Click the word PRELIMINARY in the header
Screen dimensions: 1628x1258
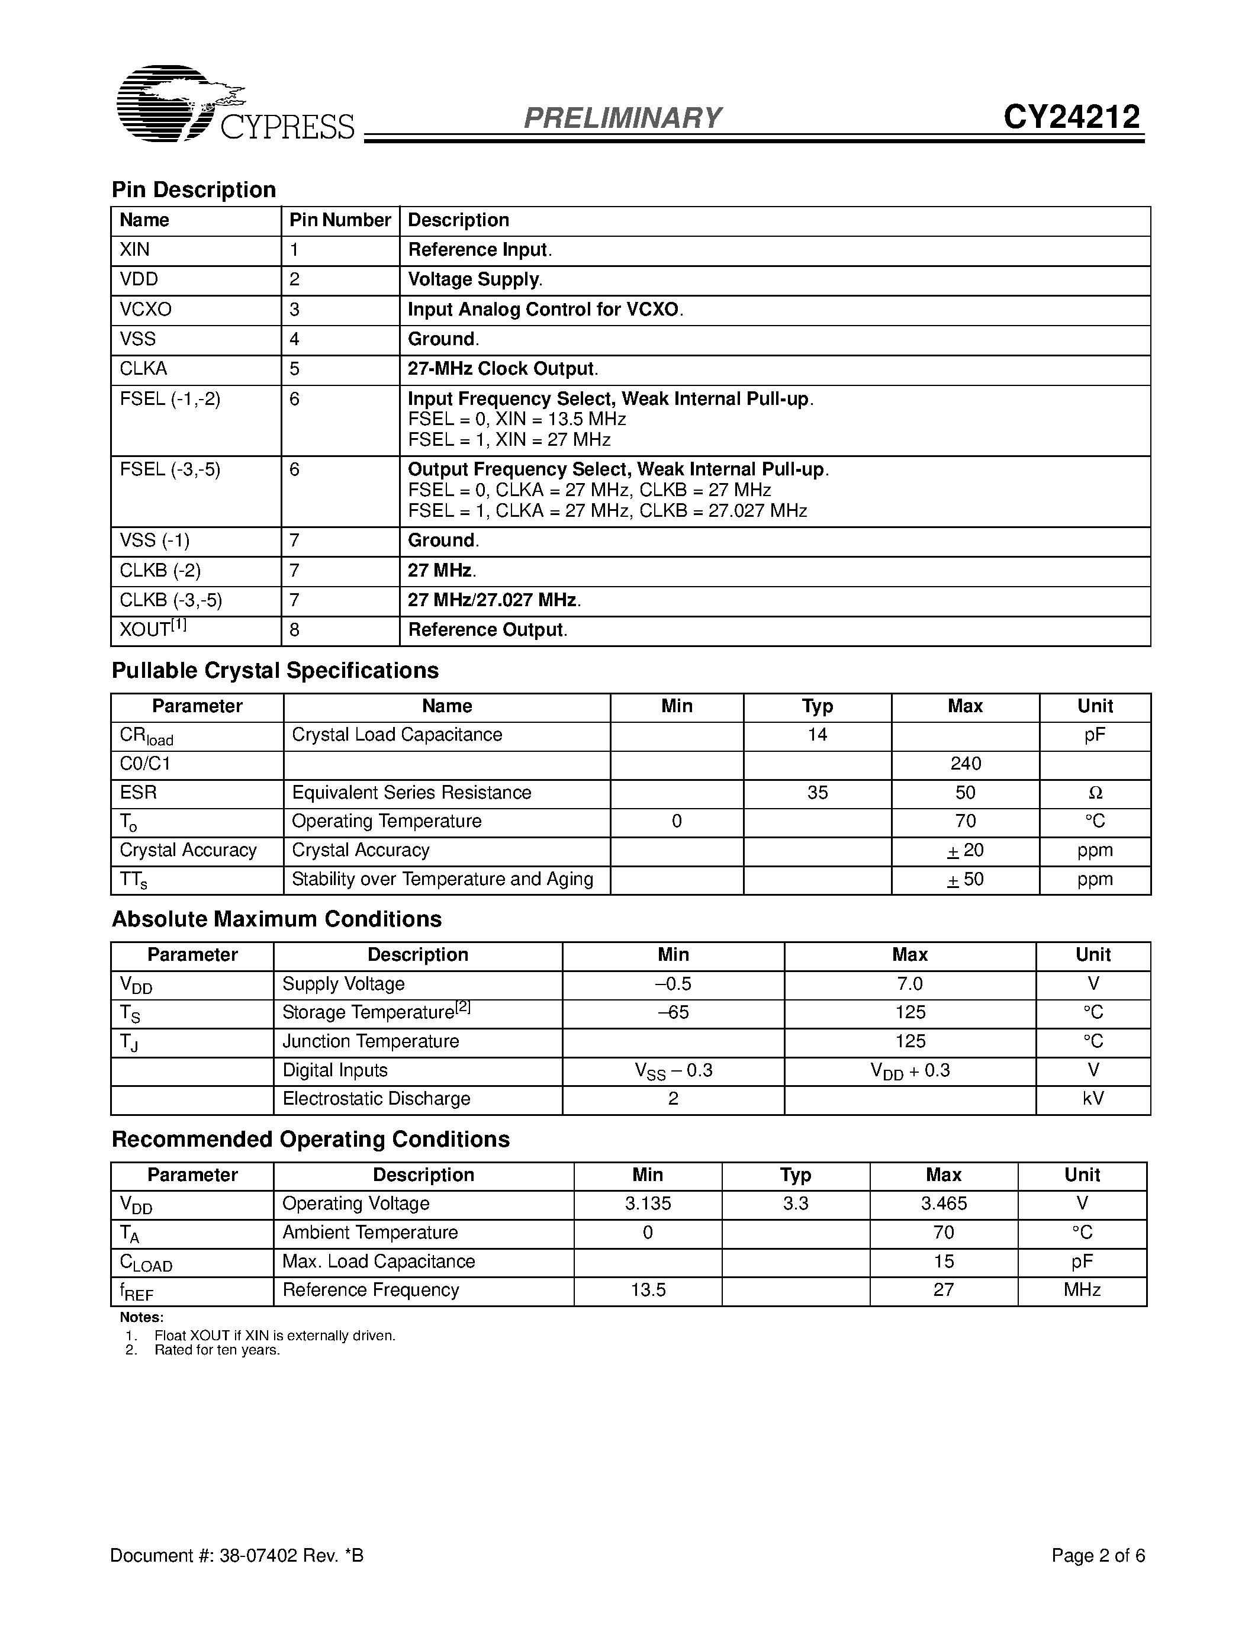[x=622, y=118]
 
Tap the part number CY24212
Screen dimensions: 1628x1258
[x=1071, y=117]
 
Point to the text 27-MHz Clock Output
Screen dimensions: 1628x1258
[x=502, y=369]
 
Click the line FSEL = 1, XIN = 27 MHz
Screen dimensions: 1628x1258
[x=509, y=440]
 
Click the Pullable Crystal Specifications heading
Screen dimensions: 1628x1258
[x=275, y=670]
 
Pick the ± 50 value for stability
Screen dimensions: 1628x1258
[x=965, y=880]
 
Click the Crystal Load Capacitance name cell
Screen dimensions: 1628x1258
[x=397, y=735]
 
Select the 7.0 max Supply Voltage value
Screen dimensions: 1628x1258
[x=909, y=984]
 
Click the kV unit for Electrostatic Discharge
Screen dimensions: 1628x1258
[x=1093, y=1099]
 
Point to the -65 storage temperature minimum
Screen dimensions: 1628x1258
[x=673, y=1012]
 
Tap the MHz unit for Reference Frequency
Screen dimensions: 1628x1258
[x=1082, y=1291]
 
